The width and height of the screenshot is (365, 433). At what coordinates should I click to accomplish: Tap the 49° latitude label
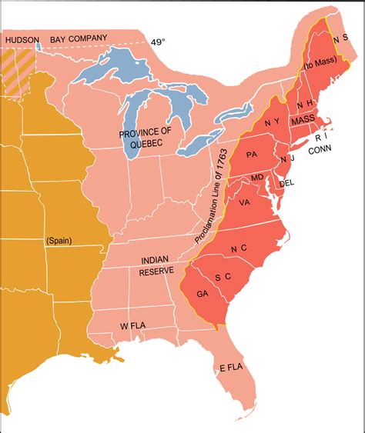click(x=158, y=42)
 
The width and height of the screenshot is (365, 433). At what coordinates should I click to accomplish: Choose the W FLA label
click(x=133, y=325)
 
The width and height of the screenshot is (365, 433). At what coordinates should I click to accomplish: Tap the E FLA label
click(x=233, y=367)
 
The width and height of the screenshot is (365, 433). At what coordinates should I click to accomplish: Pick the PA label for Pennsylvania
click(x=250, y=154)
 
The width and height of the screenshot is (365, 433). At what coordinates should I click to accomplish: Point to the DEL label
click(x=286, y=183)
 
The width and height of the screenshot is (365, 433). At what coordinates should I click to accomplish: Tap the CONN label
click(x=320, y=152)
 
